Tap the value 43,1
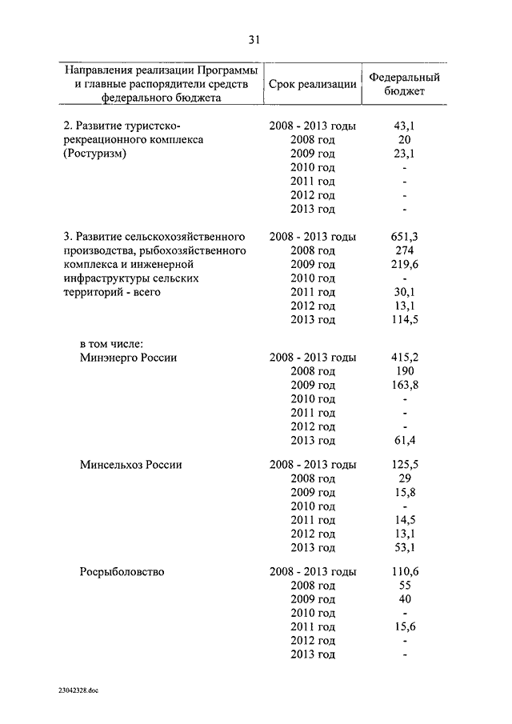405,126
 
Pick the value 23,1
405,154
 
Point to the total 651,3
405,237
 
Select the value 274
405,250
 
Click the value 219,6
405,265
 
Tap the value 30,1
405,292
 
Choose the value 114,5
405,320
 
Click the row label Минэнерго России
128,358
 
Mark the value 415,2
405,358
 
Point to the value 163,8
405,385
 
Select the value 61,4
405,440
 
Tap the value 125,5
405,465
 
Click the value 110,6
405,572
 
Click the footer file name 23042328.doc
80,690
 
